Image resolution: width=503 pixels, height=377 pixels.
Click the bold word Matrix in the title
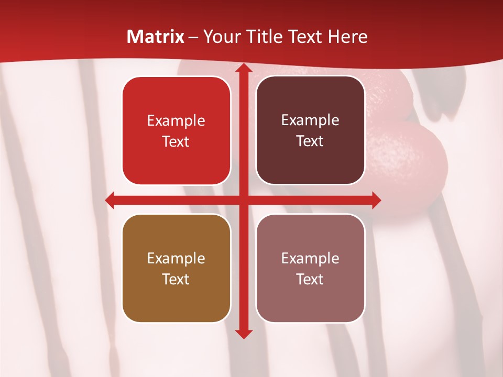pyautogui.click(x=156, y=37)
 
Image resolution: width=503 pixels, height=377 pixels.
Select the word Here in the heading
pyautogui.click(x=347, y=37)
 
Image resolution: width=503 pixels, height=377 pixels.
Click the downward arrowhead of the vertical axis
pyautogui.click(x=243, y=333)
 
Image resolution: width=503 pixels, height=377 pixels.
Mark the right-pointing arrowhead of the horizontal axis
pyautogui.click(x=375, y=200)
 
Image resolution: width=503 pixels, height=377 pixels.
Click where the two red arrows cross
pyautogui.click(x=243, y=200)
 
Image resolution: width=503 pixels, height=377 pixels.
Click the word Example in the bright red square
pyautogui.click(x=176, y=121)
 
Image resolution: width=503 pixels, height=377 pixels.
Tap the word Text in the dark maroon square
pyautogui.click(x=310, y=141)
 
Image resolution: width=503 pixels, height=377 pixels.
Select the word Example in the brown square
pyautogui.click(x=176, y=258)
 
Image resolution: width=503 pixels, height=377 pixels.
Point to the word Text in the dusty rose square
pyautogui.click(x=310, y=279)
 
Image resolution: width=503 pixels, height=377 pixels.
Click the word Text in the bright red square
pyautogui.click(x=176, y=142)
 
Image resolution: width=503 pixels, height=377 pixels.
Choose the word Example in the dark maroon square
pyautogui.click(x=310, y=120)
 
